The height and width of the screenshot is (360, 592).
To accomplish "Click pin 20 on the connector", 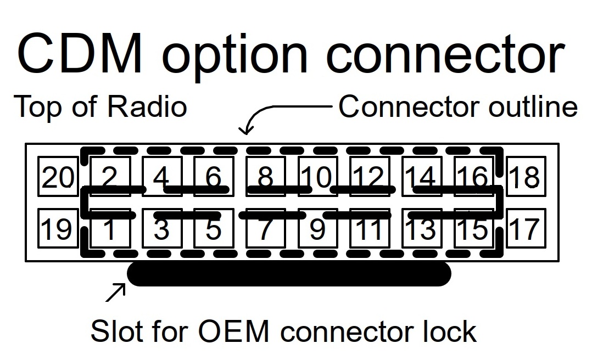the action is [x=58, y=176].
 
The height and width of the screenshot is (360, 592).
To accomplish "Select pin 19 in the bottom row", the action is [x=58, y=228].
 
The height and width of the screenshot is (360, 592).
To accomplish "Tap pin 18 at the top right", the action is [x=526, y=176].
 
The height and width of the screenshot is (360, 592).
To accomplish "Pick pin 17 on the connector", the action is [x=526, y=228].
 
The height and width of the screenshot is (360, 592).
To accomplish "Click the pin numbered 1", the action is [x=110, y=228].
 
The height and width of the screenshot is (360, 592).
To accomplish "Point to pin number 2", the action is [x=110, y=176].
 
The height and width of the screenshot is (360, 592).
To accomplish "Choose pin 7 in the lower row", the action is [x=266, y=228].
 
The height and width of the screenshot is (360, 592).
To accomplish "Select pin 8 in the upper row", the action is [x=266, y=176].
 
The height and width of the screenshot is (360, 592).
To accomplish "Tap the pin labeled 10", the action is [x=318, y=176].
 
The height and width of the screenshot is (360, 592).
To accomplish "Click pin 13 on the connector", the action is [x=422, y=228].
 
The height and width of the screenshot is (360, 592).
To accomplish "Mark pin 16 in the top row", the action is [x=474, y=176].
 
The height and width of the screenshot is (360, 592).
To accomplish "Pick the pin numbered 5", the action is [x=214, y=228].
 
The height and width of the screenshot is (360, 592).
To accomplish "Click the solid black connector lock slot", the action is [x=289, y=274].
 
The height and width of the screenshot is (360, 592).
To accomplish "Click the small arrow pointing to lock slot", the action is [x=115, y=292].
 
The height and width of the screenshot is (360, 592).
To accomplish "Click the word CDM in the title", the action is [x=80, y=53].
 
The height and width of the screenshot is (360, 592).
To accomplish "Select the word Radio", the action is [x=147, y=106].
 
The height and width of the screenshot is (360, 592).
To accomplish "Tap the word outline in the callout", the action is [x=533, y=106].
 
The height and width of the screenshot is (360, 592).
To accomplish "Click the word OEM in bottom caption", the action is [x=233, y=331].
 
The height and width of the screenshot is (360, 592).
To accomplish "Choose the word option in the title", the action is [x=235, y=57].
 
